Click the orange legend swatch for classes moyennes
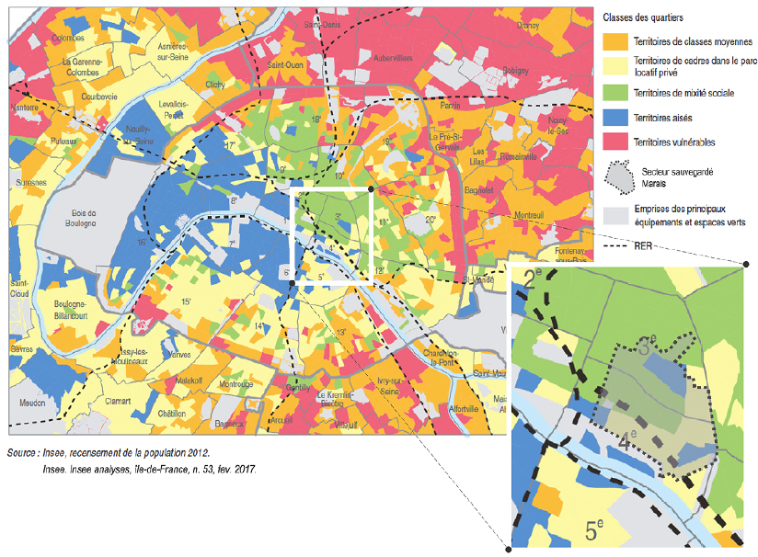[615, 41]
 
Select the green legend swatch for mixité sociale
[615, 93]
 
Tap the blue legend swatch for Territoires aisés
[615, 118]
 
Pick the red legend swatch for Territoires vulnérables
[615, 142]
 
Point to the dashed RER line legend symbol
[615, 246]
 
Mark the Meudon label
[30, 402]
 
